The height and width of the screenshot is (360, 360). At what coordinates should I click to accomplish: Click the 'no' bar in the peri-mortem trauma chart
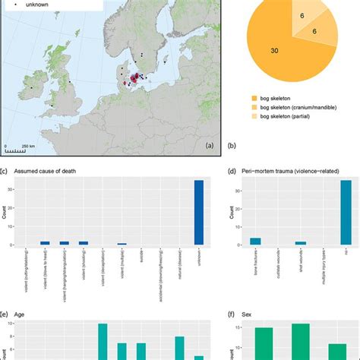[346, 213]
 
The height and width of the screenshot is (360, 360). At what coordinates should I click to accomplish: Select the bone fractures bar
[256, 242]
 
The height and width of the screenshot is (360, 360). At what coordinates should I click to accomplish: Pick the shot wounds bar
[301, 243]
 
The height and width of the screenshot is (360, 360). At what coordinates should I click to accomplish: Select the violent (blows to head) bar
[45, 243]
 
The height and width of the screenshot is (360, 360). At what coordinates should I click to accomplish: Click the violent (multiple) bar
[122, 244]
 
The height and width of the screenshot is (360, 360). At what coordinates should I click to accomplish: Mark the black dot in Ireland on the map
[31, 88]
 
